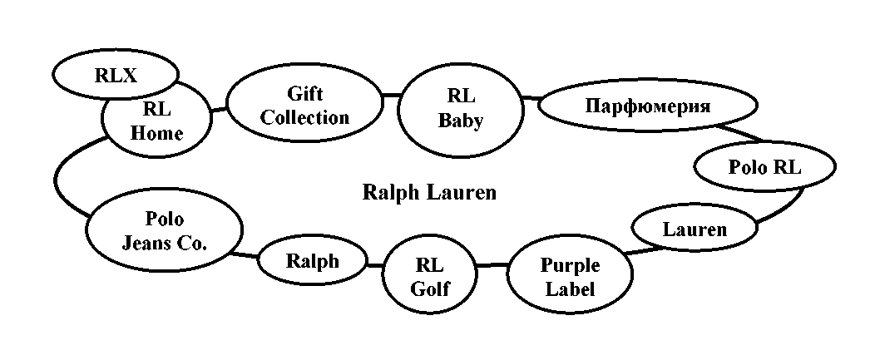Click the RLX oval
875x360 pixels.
[115, 74]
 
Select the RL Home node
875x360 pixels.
[156, 122]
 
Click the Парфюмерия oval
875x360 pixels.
[647, 106]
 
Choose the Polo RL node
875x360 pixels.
[764, 166]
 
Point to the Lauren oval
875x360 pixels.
[694, 228]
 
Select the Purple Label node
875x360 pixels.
[569, 278]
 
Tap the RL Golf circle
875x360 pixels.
[429, 278]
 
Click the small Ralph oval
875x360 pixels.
[313, 262]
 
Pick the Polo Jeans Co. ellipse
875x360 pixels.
[164, 231]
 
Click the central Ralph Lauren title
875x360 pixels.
[429, 193]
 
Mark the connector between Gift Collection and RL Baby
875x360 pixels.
[389, 96]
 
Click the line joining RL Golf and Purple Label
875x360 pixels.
[492, 265]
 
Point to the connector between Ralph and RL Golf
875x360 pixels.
[374, 265]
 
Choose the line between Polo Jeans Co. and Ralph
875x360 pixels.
[247, 253]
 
